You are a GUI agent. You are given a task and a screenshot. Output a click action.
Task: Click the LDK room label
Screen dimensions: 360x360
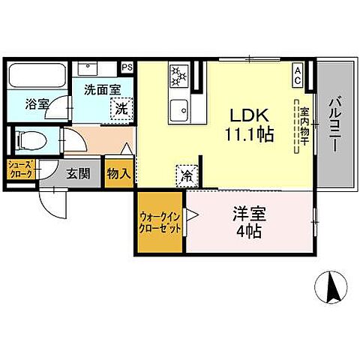click(x=249, y=115)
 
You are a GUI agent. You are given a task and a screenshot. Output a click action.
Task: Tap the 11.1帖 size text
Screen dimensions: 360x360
click(x=250, y=134)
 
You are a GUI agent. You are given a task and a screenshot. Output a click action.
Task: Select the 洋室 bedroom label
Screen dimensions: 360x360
click(x=249, y=214)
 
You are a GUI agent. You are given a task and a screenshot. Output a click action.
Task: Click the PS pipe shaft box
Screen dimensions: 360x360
click(x=127, y=67)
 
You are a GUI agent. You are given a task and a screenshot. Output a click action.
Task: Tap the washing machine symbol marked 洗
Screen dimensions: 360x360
click(x=121, y=109)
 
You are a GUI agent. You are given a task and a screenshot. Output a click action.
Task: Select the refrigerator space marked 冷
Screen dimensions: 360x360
click(x=187, y=176)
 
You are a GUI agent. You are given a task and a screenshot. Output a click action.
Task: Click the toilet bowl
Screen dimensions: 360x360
click(x=31, y=140)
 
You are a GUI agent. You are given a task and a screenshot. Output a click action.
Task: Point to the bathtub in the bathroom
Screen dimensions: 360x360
click(x=37, y=76)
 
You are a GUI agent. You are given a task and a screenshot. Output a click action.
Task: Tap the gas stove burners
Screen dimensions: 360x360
click(x=179, y=75)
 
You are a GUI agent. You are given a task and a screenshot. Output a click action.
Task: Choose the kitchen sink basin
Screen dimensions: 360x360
click(x=179, y=110)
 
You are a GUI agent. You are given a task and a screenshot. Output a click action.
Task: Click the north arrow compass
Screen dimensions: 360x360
click(x=331, y=286)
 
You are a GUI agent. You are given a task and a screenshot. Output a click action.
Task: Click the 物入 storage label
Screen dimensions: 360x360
click(x=119, y=174)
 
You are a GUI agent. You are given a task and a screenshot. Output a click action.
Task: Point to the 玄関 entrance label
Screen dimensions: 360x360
click(x=78, y=173)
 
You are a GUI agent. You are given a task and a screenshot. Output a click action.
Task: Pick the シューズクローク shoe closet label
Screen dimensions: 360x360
click(x=21, y=169)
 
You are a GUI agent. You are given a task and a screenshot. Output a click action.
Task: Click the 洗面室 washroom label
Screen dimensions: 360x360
click(x=103, y=90)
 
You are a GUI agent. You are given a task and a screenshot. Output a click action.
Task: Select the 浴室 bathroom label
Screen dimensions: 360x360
click(x=37, y=104)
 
